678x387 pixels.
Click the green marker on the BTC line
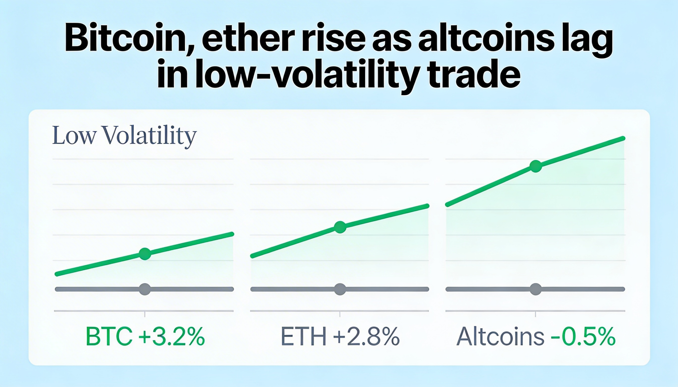pos(145,254)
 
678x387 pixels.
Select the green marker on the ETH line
pos(340,227)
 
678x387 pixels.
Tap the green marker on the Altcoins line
pos(536,166)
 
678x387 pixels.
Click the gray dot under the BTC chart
pos(145,289)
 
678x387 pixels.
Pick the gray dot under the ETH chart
pos(340,289)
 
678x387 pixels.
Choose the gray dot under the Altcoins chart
pos(536,289)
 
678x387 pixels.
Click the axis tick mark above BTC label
pos(145,314)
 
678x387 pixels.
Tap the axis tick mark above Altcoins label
pos(535,314)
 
